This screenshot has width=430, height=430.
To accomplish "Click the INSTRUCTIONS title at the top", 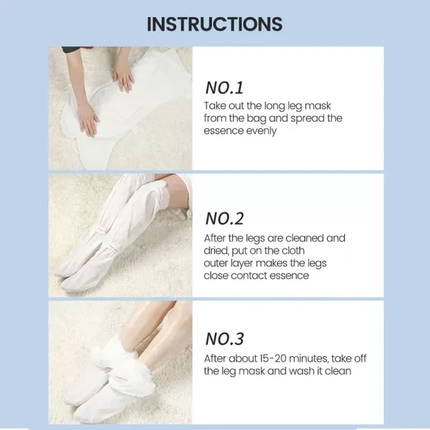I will pyautogui.click(x=215, y=24).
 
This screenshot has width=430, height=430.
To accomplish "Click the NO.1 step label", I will pyautogui.click(x=225, y=88).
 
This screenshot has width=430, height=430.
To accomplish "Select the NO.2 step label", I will pyautogui.click(x=225, y=219).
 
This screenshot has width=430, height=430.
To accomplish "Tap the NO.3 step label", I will pyautogui.click(x=225, y=338).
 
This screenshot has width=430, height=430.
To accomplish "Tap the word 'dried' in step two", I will pyautogui.click(x=218, y=251).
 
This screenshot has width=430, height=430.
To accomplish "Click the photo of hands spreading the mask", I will pyautogui.click(x=120, y=107).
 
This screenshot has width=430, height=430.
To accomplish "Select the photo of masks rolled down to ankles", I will pyautogui.click(x=120, y=362).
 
